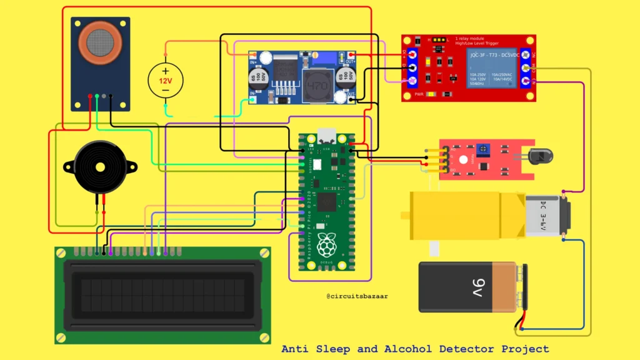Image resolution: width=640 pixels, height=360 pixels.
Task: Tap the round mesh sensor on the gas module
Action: [100, 42]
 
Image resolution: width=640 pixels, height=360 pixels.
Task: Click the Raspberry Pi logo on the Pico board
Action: [326, 246]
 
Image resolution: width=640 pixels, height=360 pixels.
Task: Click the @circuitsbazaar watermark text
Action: [357, 296]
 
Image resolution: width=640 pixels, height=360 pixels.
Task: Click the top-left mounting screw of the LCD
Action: [61, 252]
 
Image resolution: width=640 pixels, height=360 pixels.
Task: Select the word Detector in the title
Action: [463, 349]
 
